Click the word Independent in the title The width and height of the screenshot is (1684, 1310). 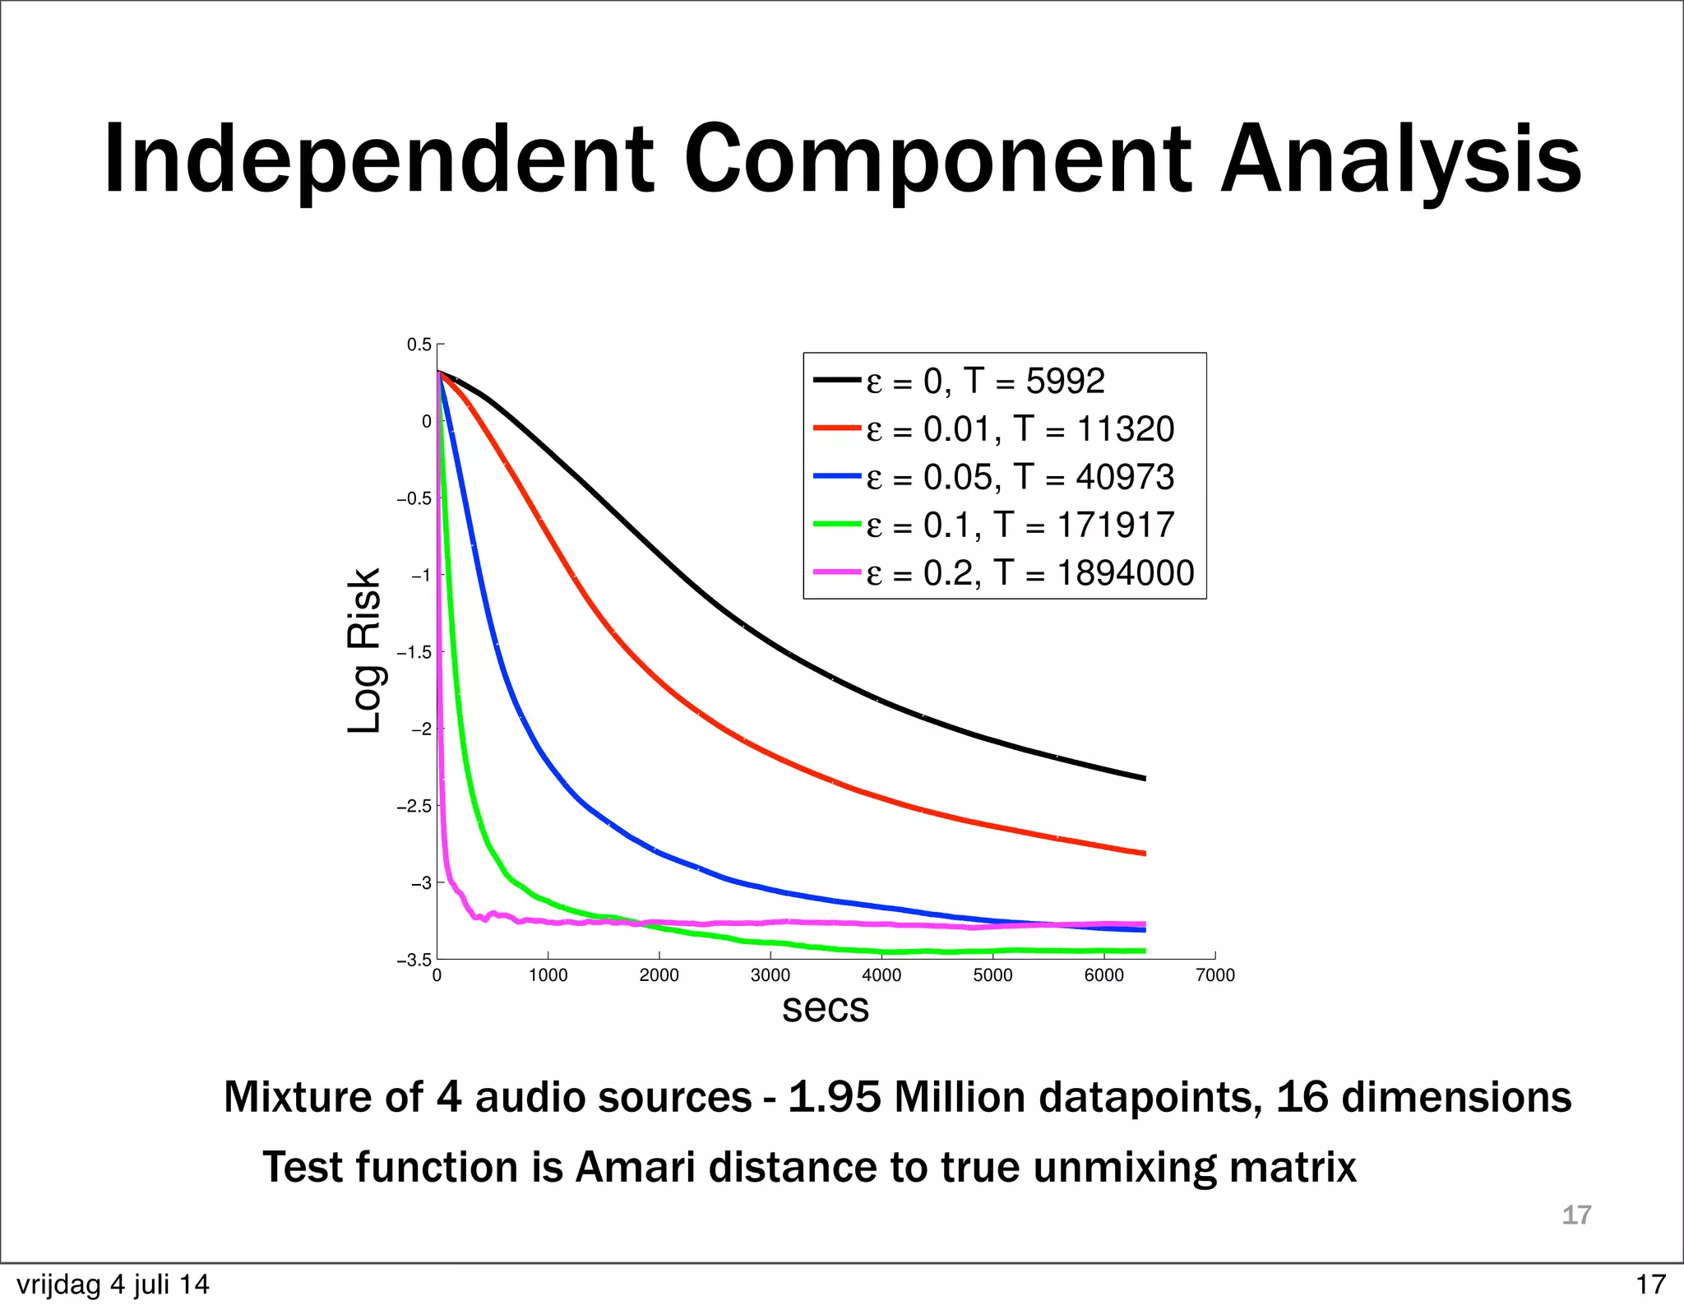click(379, 159)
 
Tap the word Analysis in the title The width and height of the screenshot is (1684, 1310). click(1400, 159)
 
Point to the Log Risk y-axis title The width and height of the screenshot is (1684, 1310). click(364, 650)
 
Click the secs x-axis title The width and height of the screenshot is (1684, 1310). click(825, 1008)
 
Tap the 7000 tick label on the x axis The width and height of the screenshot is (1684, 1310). click(1214, 975)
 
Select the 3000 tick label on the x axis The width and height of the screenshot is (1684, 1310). click(770, 975)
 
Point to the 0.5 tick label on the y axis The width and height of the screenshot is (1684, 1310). click(419, 345)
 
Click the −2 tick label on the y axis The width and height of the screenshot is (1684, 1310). click(420, 729)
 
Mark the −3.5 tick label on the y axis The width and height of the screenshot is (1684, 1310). click(414, 961)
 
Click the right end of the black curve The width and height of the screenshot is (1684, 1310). click(1143, 777)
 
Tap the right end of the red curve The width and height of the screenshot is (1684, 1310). click(1143, 853)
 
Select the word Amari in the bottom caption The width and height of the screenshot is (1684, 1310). click(635, 1167)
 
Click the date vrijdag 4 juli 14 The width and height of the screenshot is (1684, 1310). click(113, 1285)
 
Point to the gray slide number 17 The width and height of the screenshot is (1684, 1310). click(1576, 1215)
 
